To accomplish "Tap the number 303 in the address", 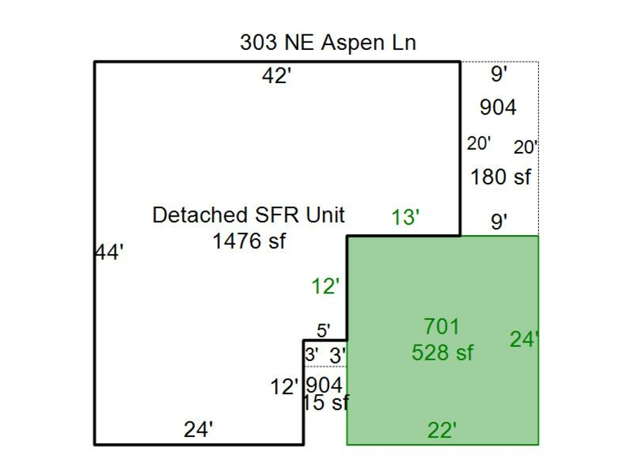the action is click(x=258, y=42).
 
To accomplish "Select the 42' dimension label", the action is click(x=276, y=75).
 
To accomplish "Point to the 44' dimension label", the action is click(x=109, y=253).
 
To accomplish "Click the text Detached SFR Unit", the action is click(x=249, y=215).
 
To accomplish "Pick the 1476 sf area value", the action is click(x=249, y=241).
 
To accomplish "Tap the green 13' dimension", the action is click(x=405, y=217).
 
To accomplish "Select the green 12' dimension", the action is click(x=326, y=287).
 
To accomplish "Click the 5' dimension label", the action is click(x=324, y=331).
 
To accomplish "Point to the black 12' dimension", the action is click(x=284, y=387).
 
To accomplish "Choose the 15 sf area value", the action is click(x=326, y=403).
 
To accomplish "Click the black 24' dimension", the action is click(x=198, y=429).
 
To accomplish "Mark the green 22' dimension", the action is click(x=442, y=430).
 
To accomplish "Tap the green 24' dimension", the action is click(x=524, y=339).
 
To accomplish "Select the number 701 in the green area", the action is click(x=441, y=327).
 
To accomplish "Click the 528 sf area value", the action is click(x=442, y=353).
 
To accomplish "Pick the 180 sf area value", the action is click(x=501, y=177).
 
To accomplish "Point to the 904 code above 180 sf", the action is click(x=498, y=108).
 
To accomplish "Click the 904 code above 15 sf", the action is click(x=324, y=385).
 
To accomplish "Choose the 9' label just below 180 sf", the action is click(x=499, y=222).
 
